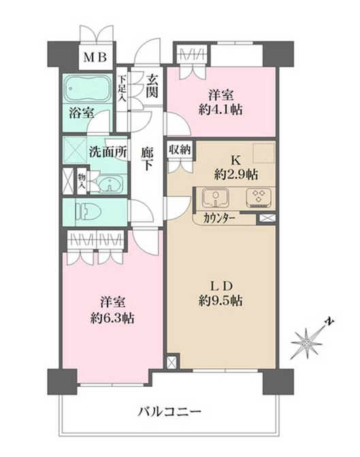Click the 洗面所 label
click(x=108, y=152)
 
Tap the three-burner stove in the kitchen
click(x=257, y=198)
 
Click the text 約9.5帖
click(x=222, y=300)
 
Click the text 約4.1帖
click(x=222, y=108)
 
